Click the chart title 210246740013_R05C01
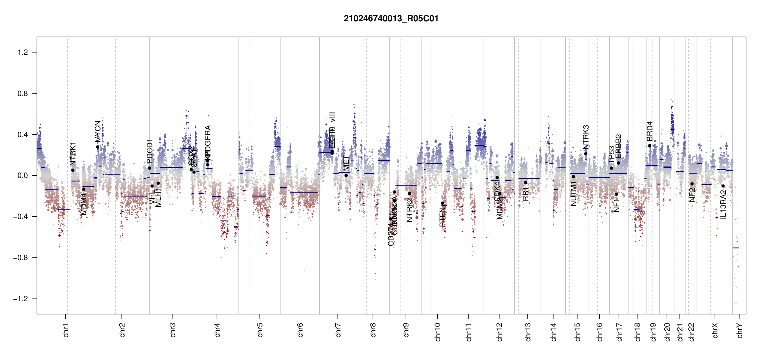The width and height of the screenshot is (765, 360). [x=391, y=19]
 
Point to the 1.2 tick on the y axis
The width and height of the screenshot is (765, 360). [x=23, y=52]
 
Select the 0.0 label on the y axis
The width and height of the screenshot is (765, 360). [x=23, y=175]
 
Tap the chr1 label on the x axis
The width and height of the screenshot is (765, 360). [x=66, y=330]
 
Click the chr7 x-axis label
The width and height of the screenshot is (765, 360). [x=338, y=330]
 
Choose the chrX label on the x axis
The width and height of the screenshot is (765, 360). [x=715, y=331]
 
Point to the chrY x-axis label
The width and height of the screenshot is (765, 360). [x=739, y=331]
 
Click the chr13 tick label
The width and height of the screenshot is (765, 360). [x=528, y=332]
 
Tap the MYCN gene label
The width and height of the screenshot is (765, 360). [x=98, y=131]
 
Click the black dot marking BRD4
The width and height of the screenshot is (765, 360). [x=649, y=146]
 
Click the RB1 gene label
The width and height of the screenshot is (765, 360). [x=526, y=194]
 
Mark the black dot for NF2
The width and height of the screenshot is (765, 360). [x=692, y=184]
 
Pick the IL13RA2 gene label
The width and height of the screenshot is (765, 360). [x=723, y=204]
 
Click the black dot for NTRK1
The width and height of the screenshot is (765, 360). [x=73, y=170]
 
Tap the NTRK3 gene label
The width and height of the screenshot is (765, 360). [x=586, y=137]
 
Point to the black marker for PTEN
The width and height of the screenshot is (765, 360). [x=442, y=203]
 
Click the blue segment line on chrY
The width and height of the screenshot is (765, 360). [x=736, y=248]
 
